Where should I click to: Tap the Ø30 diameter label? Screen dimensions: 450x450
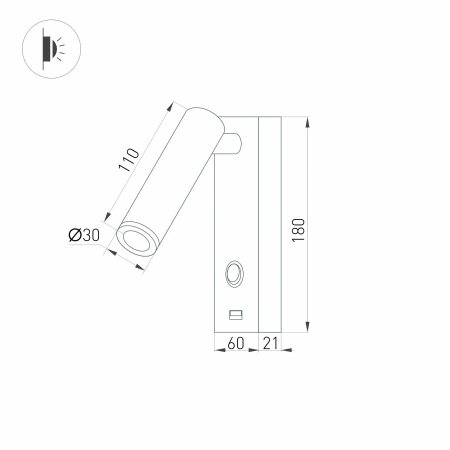pyautogui.click(x=84, y=236)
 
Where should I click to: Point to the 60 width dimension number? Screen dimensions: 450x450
pyautogui.click(x=236, y=344)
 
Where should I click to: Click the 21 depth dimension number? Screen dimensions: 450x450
pyautogui.click(x=270, y=344)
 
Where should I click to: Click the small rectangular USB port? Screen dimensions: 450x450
pyautogui.click(x=236, y=314)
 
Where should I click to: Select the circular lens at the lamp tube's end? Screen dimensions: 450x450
pyautogui.click(x=132, y=237)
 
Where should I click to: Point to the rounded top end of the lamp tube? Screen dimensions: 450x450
pyautogui.click(x=200, y=118)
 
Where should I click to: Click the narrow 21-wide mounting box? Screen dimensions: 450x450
pyautogui.click(x=270, y=225)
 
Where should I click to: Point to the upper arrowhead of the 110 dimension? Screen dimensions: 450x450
pyautogui.click(x=176, y=102)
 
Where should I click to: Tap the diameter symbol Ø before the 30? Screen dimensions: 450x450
pyautogui.click(x=74, y=236)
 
